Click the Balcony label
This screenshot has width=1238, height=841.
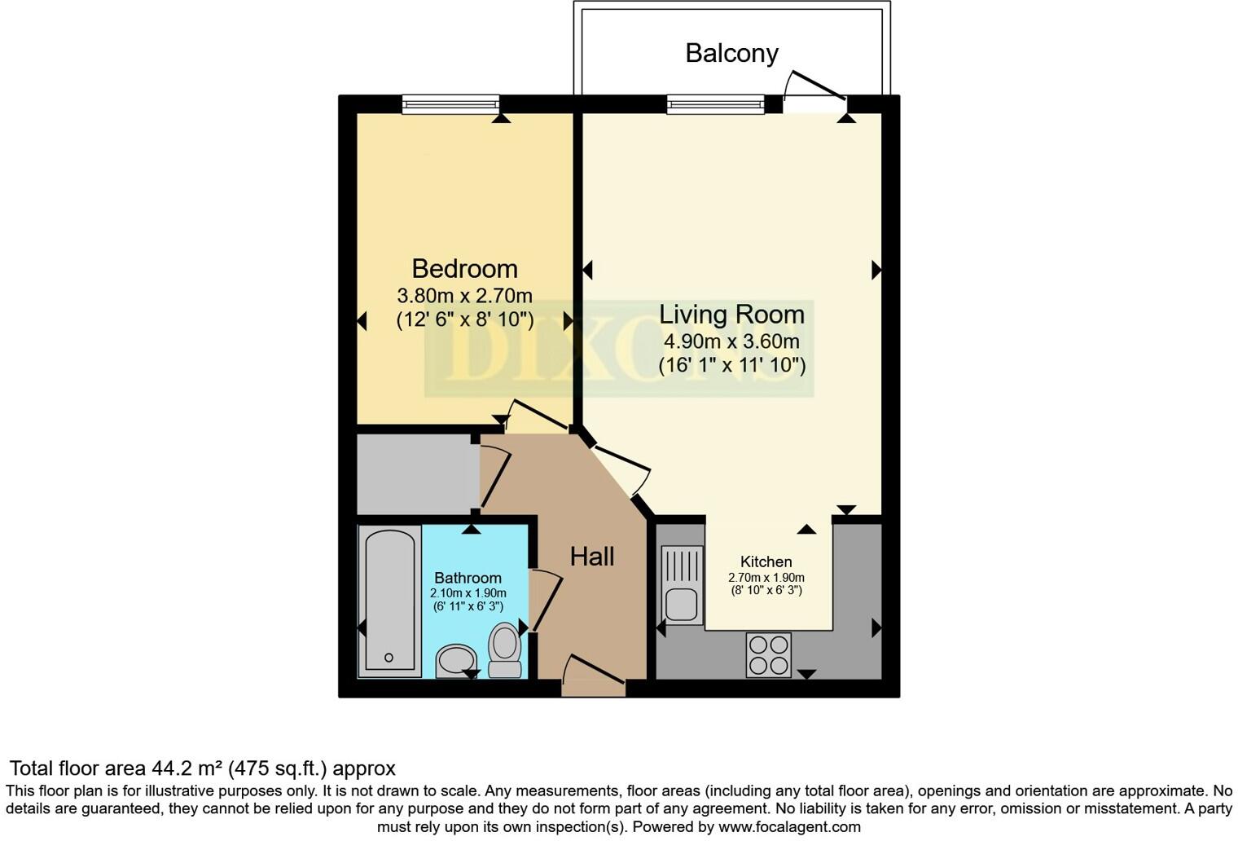click(x=731, y=53)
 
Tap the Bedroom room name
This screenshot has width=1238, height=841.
click(x=464, y=268)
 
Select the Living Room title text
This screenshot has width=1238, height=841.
click(x=731, y=314)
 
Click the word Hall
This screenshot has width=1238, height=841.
click(x=591, y=557)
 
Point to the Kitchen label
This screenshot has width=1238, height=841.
click(x=766, y=561)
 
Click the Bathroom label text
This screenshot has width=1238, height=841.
click(x=468, y=578)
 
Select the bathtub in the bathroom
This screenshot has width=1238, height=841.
click(x=389, y=601)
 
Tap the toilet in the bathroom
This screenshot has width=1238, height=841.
click(x=505, y=649)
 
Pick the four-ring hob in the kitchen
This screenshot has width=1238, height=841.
click(x=768, y=654)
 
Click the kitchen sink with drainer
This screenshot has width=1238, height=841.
click(x=682, y=584)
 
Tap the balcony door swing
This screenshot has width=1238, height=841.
click(x=814, y=88)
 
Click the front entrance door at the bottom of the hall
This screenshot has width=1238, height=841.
click(x=593, y=676)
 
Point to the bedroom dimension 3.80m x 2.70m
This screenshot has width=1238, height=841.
click(x=464, y=295)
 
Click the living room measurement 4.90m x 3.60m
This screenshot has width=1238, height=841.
click(x=731, y=341)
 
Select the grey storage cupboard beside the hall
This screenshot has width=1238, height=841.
click(x=416, y=474)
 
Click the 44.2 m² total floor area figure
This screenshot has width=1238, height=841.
click(x=187, y=768)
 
